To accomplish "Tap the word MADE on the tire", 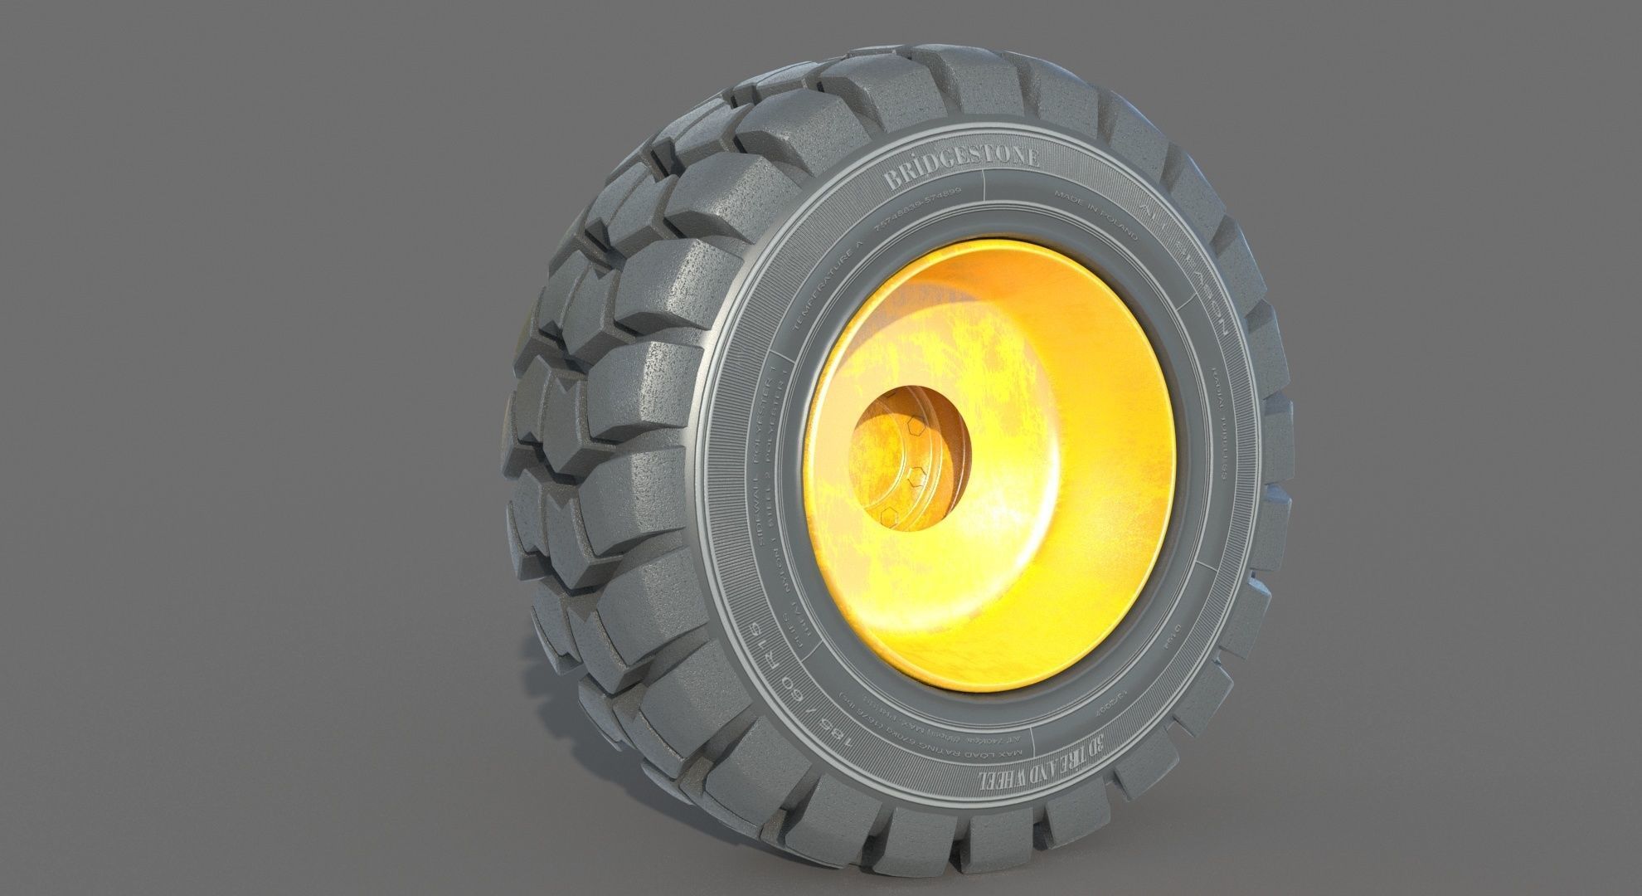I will click(x=1070, y=198).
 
